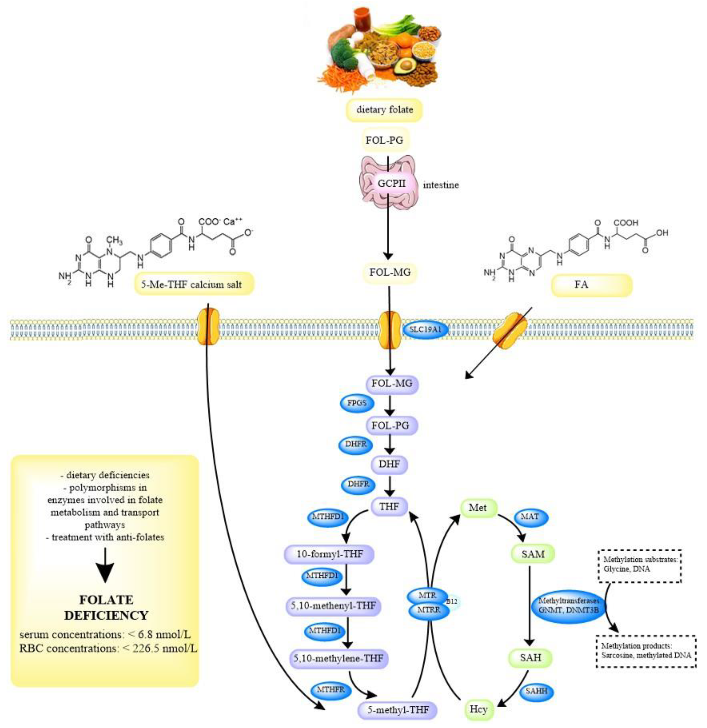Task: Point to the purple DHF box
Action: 389,464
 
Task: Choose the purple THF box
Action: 389,506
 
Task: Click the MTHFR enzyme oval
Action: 330,690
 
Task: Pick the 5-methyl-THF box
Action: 398,710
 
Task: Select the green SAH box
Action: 530,658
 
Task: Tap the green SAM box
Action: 533,554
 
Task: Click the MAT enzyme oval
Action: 530,516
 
